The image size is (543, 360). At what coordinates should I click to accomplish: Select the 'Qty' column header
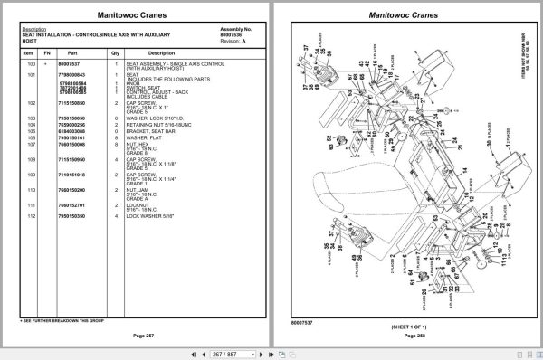pyautogui.click(x=115, y=53)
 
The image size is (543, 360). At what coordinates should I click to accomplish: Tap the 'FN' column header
pyautogui.click(x=48, y=53)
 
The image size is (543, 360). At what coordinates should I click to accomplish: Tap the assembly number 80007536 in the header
pyautogui.click(x=233, y=34)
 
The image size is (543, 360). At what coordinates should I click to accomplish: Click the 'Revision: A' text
pyautogui.click(x=233, y=41)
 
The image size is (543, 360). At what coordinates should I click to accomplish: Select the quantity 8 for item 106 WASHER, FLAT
pyautogui.click(x=115, y=137)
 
